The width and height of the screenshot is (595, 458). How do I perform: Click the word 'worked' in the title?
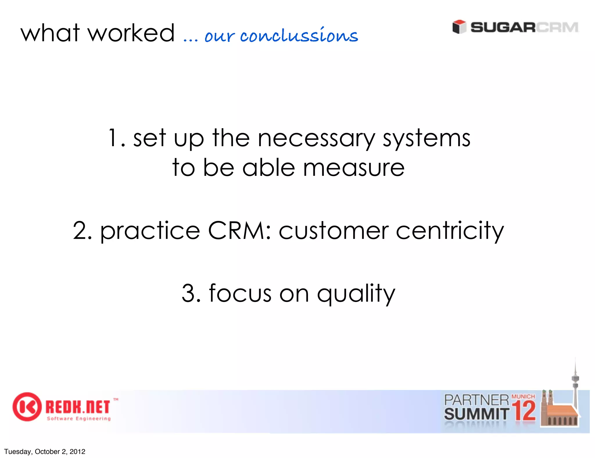(x=131, y=33)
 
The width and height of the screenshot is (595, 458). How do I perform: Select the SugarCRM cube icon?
(x=459, y=27)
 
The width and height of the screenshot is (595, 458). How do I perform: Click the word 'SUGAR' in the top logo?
(x=503, y=27)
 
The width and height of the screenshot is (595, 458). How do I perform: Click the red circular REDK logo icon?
(x=26, y=407)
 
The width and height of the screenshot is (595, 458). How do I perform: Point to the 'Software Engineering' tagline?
(x=79, y=418)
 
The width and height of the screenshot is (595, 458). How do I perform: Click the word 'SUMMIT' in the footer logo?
(x=476, y=414)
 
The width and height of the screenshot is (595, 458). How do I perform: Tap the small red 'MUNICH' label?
(x=523, y=396)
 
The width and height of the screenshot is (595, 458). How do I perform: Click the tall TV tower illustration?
(x=575, y=384)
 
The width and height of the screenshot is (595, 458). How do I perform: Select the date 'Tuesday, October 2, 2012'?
(x=45, y=451)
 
